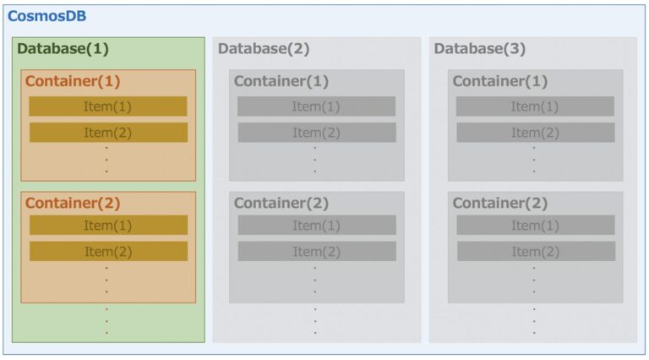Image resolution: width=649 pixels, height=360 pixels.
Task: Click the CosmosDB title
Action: click(x=46, y=16)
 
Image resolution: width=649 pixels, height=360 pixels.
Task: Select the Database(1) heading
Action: click(x=63, y=48)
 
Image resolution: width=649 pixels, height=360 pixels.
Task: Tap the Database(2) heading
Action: click(x=264, y=48)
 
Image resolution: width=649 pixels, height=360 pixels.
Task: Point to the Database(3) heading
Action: click(x=480, y=48)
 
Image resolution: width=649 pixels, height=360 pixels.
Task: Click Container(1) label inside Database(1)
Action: click(x=73, y=81)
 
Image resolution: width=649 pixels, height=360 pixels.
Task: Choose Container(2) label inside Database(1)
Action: click(x=73, y=203)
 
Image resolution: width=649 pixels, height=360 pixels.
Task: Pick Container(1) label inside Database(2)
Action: click(x=281, y=81)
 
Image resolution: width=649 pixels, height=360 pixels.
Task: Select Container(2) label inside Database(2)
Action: click(x=281, y=203)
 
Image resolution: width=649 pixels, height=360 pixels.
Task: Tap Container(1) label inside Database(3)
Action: click(x=500, y=81)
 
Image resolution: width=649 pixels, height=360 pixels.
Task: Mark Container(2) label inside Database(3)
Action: click(x=500, y=203)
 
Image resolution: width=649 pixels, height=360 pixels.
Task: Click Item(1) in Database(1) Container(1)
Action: click(x=107, y=106)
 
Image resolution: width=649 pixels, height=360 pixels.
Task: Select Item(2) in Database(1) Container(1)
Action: click(x=108, y=133)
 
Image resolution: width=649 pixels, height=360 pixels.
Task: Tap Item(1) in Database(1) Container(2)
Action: click(x=108, y=225)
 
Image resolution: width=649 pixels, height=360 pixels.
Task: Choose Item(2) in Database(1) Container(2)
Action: click(x=108, y=251)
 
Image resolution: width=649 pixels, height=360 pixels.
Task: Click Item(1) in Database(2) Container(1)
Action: click(x=316, y=106)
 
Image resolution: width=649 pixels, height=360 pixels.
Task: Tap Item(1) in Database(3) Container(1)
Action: click(x=535, y=106)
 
